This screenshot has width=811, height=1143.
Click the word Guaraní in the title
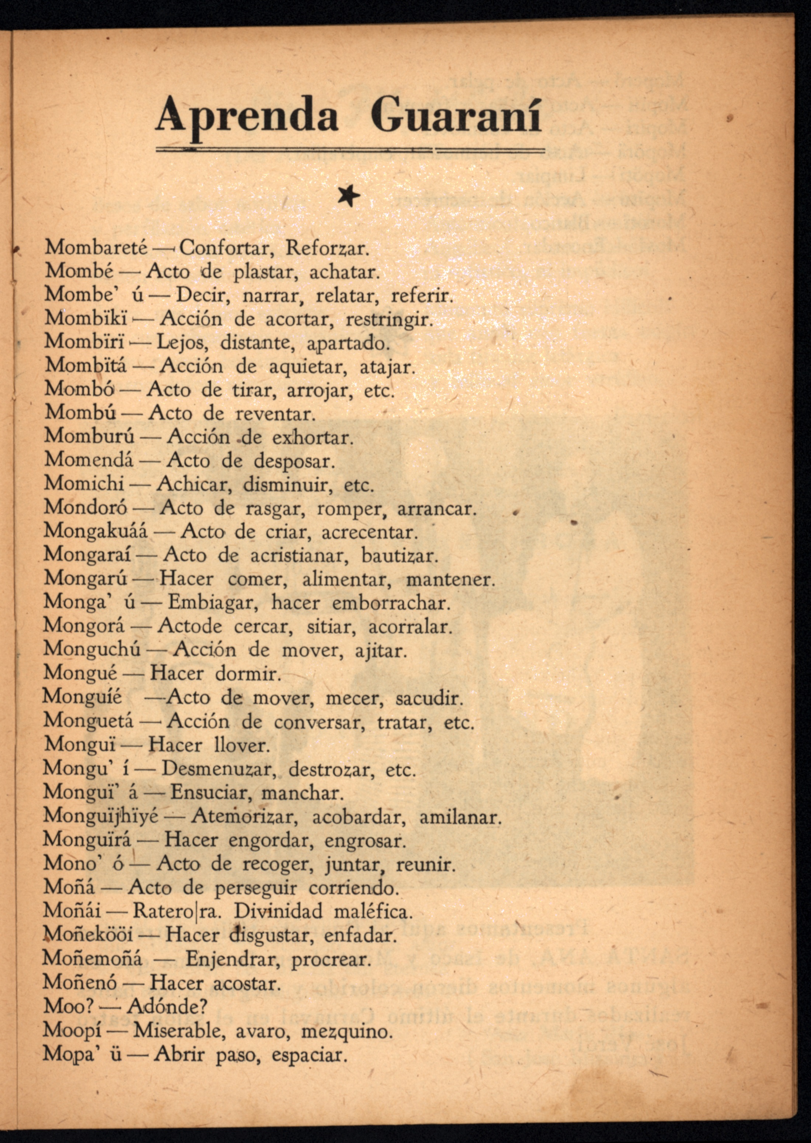456,116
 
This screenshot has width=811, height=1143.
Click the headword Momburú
89,437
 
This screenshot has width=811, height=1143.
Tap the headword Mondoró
86,507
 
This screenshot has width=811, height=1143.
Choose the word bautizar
400,555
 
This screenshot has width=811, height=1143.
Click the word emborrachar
391,603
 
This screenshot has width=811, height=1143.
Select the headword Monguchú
93,650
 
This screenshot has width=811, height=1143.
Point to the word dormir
248,674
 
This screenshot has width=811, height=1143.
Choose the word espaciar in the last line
309,1054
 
